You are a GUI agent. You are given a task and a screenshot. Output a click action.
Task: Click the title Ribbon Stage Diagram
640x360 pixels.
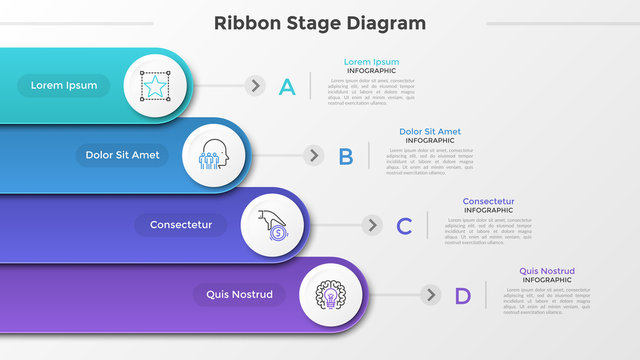320,23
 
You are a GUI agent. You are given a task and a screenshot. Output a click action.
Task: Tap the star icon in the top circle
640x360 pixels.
154,86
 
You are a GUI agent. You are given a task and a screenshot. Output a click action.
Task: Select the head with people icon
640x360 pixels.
212,156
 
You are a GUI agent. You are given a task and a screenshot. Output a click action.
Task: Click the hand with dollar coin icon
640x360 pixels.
271,225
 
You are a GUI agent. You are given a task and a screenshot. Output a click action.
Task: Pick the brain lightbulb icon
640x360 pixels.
329,295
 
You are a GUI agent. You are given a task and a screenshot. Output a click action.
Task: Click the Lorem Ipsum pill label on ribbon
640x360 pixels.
64,86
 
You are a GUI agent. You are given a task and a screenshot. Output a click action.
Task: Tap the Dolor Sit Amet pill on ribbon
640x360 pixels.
122,155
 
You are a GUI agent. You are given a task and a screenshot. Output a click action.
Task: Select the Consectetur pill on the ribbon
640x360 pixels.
181,225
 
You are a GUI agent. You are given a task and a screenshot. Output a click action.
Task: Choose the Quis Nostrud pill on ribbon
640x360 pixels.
239,295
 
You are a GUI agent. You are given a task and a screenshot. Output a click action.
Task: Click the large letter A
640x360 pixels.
287,87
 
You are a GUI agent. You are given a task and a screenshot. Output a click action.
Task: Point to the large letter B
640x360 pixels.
346,156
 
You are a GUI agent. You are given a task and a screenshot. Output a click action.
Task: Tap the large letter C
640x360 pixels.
404,226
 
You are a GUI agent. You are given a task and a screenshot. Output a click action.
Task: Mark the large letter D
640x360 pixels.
462,296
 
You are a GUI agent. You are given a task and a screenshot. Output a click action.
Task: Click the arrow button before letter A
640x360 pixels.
256,86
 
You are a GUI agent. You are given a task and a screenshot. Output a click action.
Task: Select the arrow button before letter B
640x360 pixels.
314,156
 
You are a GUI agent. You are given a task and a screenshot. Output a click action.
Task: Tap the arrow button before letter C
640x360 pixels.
372,225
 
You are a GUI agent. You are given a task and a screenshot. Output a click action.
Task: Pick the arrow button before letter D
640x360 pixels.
431,295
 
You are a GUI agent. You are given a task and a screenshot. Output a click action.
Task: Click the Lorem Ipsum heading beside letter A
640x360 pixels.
371,62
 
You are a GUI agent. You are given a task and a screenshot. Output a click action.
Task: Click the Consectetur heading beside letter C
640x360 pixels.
488,201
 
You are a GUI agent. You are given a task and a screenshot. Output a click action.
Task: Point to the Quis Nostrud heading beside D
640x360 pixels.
546,271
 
